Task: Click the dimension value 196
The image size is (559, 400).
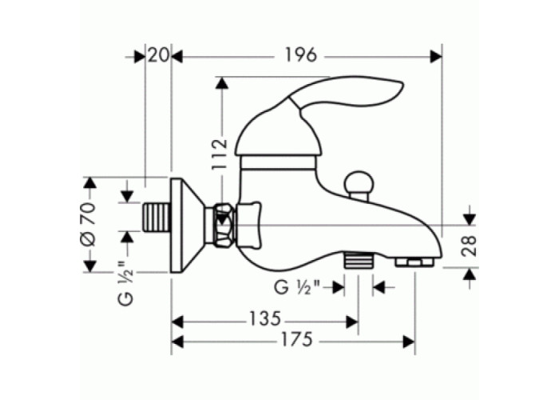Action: tap(301, 55)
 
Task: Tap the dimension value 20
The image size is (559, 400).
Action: tap(158, 55)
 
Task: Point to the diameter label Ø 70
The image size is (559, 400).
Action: tap(89, 224)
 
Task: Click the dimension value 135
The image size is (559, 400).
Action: tap(265, 318)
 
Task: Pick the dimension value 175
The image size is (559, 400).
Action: tap(297, 339)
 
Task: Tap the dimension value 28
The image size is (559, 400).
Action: tap(469, 246)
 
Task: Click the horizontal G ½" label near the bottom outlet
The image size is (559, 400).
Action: tap(297, 287)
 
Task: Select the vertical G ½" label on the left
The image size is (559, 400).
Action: tap(125, 282)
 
